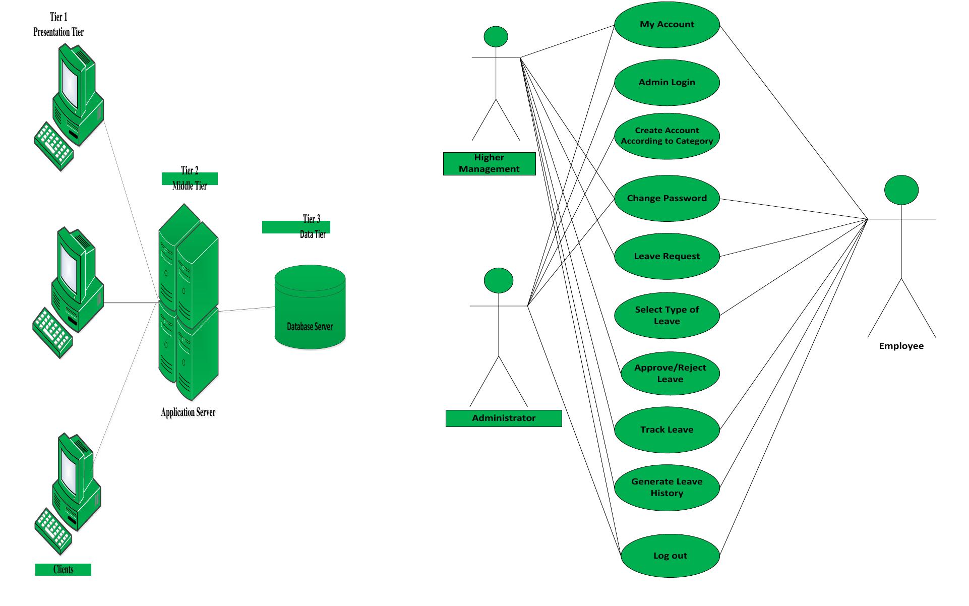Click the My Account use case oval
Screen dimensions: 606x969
tap(667, 25)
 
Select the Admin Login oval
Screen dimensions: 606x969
tap(667, 82)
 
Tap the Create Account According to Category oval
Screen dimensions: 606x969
tap(667, 136)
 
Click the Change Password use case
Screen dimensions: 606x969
tap(667, 198)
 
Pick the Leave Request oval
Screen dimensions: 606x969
tap(667, 256)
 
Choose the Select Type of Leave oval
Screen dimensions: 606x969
tap(667, 316)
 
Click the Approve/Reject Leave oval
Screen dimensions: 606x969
tap(670, 374)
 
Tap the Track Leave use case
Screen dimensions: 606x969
tap(667, 430)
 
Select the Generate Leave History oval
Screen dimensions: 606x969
tap(667, 488)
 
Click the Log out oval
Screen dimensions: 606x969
tap(670, 556)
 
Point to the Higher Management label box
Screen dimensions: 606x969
tap(489, 163)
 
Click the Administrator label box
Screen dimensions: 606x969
tap(503, 418)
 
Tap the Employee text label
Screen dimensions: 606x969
tap(901, 346)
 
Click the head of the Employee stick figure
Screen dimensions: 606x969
tap(901, 190)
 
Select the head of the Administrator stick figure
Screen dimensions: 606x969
tap(498, 280)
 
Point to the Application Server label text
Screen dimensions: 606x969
tap(188, 412)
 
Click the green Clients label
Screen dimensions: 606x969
tap(63, 570)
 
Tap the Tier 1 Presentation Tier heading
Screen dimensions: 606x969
tap(58, 25)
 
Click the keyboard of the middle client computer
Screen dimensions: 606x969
tap(52, 332)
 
